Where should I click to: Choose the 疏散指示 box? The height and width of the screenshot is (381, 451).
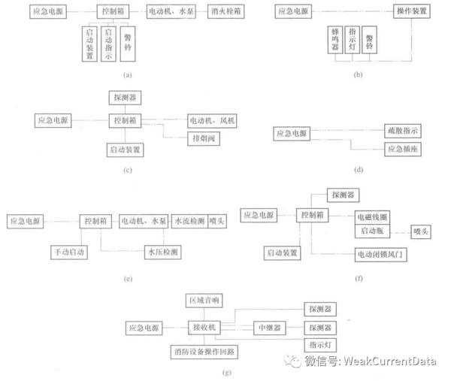(404, 132)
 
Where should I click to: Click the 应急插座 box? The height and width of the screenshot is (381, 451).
(404, 149)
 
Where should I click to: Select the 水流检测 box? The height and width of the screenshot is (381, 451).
(188, 222)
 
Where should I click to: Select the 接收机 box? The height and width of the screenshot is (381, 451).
(203, 328)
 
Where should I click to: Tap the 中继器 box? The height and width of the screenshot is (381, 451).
(268, 328)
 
